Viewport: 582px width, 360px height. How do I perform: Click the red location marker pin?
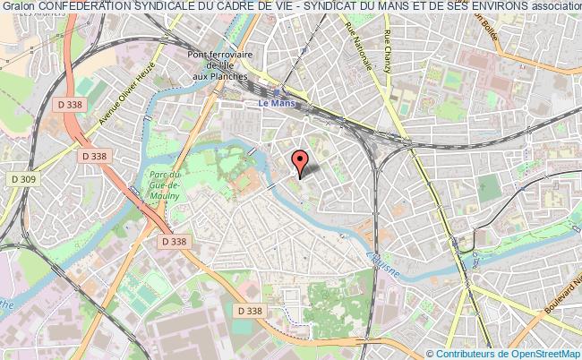pyautogui.click(x=300, y=162)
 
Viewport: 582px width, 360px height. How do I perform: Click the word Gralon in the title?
pyautogui.click(x=19, y=8)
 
